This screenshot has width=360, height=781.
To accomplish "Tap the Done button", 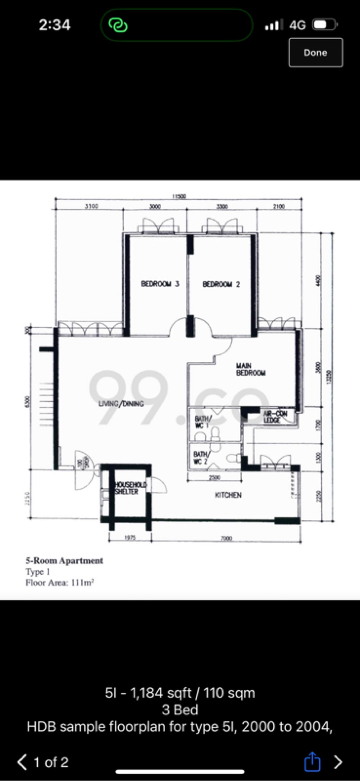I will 315,53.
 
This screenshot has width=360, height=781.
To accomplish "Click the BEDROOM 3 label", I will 160,284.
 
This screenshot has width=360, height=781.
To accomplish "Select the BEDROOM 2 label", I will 221,284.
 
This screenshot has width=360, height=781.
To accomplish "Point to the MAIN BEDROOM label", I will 250,370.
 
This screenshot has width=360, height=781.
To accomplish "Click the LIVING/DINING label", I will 121,404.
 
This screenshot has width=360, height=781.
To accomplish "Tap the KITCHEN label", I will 228,495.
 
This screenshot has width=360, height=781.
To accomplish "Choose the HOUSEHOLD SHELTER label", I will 130,488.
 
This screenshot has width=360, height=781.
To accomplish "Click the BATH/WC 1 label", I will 201,422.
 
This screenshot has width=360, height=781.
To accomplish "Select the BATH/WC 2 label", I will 200,457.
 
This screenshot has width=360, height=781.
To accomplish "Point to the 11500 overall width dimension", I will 179,196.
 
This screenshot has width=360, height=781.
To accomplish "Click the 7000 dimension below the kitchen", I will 226,538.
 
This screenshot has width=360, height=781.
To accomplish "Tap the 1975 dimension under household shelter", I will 130,538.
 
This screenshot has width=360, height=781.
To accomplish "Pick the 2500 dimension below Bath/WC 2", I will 214,478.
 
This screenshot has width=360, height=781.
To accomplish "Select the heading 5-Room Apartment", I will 64,561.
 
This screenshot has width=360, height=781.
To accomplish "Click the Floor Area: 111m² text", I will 59,582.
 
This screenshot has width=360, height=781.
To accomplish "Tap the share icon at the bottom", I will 312,762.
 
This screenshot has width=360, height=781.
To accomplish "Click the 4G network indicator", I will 297,25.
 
